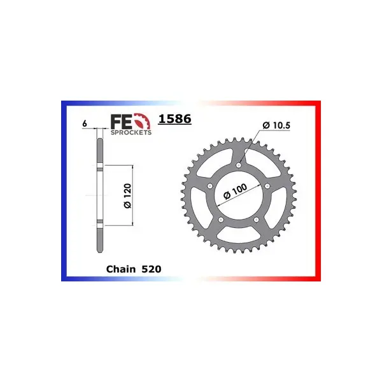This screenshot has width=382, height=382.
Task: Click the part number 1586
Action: [x=174, y=119]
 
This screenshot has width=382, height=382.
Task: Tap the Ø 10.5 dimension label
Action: [x=276, y=125]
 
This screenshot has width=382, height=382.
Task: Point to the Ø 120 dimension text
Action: [x=127, y=196]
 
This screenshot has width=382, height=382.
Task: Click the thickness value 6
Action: [x=85, y=124]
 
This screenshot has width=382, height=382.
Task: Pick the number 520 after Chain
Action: [x=152, y=269]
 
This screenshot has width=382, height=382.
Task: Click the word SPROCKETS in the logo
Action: [x=131, y=132]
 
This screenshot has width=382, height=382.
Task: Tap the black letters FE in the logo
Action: [x=122, y=122]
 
